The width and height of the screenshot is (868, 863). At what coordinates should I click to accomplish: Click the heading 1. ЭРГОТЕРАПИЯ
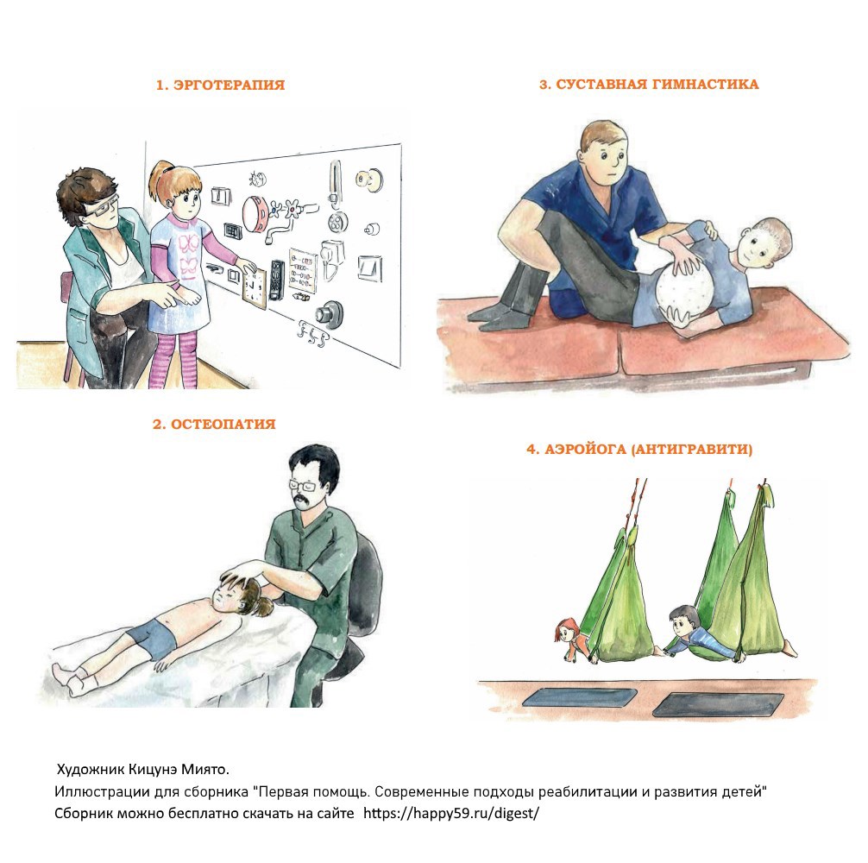point(220,85)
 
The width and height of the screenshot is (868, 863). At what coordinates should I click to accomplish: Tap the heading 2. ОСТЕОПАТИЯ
point(214,424)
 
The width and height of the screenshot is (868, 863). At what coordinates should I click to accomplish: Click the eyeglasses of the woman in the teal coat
point(102,206)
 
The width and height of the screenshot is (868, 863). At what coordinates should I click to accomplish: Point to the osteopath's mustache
point(302,503)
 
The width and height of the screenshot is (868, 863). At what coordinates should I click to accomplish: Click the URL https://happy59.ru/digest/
point(451,813)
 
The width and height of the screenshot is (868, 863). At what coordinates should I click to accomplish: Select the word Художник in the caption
point(91,770)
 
